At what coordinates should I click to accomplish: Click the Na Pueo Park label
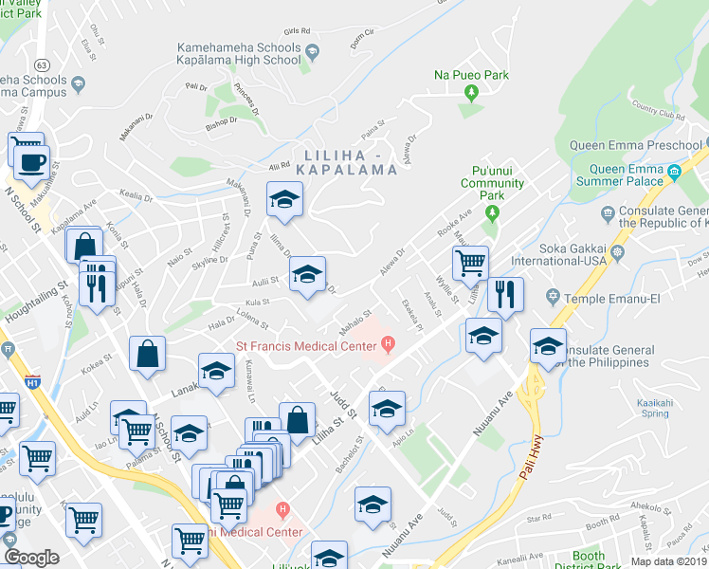tap(471, 74)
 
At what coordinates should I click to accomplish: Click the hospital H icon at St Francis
tap(389, 343)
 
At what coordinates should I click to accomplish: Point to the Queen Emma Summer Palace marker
tap(675, 173)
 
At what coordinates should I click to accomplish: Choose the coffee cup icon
tap(30, 161)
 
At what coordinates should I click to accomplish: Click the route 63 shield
tap(44, 64)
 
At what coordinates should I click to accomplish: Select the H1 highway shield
tap(33, 382)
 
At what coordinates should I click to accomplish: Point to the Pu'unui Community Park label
tap(491, 183)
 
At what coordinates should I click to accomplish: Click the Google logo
tap(31, 558)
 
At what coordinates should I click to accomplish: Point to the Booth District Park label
tap(589, 561)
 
